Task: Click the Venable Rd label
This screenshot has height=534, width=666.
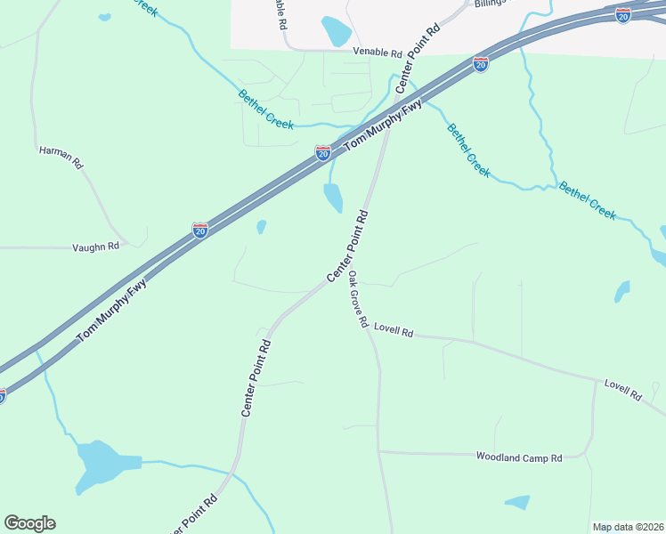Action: (378, 53)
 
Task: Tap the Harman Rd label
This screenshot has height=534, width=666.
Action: (61, 158)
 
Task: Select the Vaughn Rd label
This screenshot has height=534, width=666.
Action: (95, 247)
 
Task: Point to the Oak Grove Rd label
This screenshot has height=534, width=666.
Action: (358, 300)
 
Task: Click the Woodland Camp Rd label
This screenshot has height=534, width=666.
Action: (518, 457)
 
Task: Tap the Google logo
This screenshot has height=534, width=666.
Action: (29, 523)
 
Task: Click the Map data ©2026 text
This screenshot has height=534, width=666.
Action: (628, 527)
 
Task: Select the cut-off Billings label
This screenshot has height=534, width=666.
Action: (489, 3)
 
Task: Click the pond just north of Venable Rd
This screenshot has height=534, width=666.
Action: (337, 31)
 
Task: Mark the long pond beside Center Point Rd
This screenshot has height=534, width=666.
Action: (333, 198)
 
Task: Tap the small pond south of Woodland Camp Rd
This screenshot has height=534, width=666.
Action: (517, 502)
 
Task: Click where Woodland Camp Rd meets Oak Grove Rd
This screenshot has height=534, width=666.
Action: (379, 452)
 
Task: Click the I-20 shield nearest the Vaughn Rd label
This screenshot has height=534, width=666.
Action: (200, 231)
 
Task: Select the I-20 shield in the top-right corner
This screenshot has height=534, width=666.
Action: (623, 15)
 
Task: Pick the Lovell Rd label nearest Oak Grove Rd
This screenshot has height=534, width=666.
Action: (394, 331)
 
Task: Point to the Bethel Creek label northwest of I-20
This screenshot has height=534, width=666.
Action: (265, 109)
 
